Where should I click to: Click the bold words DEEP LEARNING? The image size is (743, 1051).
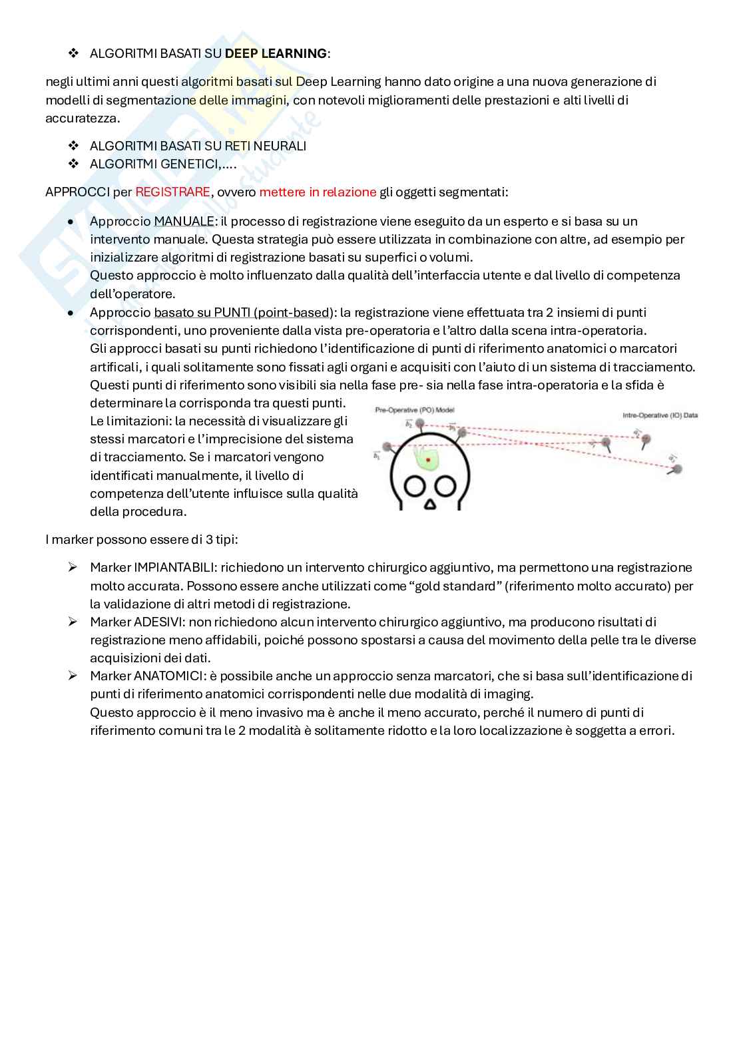[276, 53]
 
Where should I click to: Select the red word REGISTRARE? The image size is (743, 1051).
[172, 192]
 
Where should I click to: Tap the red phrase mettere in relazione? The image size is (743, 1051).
[318, 192]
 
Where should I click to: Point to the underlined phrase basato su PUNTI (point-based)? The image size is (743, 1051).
[243, 312]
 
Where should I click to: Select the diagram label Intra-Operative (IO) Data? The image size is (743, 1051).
[660, 415]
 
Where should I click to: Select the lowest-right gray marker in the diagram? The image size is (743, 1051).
[677, 469]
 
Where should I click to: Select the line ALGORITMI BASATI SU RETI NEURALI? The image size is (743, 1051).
[198, 146]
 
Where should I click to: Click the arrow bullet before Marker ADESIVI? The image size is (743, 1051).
[73, 622]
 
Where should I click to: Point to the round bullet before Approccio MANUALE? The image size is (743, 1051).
[71, 221]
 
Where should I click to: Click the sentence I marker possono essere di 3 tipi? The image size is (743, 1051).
[141, 538]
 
